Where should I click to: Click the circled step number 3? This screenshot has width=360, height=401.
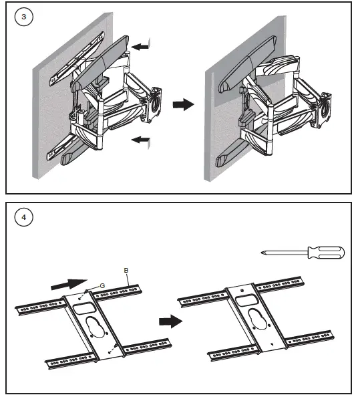click(x=24, y=17)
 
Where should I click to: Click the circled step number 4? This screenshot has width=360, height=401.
click(x=24, y=217)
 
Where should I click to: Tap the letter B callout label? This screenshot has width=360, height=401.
click(x=126, y=270)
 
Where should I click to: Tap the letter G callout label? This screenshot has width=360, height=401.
click(x=102, y=285)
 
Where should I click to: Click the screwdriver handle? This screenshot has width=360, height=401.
click(x=327, y=253)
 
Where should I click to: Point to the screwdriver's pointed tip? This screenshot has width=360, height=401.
click(x=262, y=253)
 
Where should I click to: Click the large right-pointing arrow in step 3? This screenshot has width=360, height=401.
click(x=184, y=104)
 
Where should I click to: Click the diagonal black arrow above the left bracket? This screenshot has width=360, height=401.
click(x=69, y=284)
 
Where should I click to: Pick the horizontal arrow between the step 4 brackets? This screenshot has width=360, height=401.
click(x=171, y=321)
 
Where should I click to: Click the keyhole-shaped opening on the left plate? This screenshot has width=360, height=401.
click(x=94, y=327)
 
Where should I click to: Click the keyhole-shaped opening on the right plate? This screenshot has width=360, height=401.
click(x=257, y=318)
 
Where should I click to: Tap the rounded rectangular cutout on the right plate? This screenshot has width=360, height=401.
click(x=246, y=299)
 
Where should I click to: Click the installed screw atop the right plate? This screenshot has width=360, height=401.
click(x=242, y=291)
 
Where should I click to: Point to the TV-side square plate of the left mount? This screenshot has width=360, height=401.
click(x=154, y=104)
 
